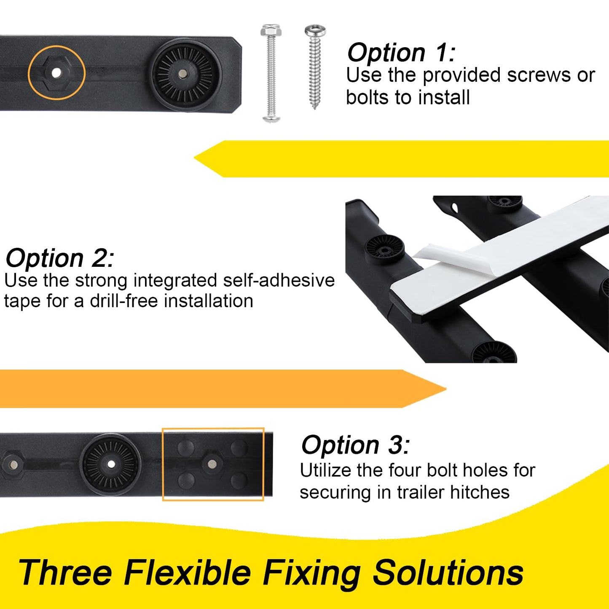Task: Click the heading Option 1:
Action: pyautogui.click(x=401, y=53)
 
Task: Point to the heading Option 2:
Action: pyautogui.click(x=59, y=258)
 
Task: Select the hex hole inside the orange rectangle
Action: pyautogui.click(x=212, y=464)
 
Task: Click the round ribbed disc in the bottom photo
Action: pyautogui.click(x=111, y=464)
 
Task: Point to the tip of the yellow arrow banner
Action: pyautogui.click(x=197, y=158)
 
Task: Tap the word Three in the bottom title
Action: pyautogui.click(x=65, y=572)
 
